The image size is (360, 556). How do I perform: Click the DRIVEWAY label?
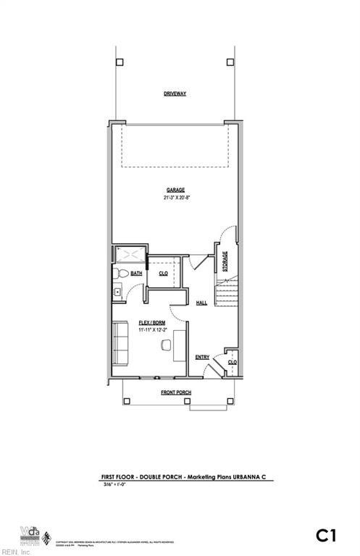pyautogui.click(x=175, y=94)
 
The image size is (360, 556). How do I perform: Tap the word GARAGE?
pyautogui.click(x=175, y=190)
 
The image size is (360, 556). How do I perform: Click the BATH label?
pyautogui.click(x=136, y=274)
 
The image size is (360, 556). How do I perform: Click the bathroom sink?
pyautogui.click(x=117, y=292)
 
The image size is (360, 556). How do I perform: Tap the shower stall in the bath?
pyautogui.click(x=130, y=256)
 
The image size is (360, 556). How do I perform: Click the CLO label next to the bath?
pyautogui.click(x=164, y=274)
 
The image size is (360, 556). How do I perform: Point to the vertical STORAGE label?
pyautogui.click(x=225, y=261)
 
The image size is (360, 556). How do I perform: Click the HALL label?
pyautogui.click(x=201, y=303)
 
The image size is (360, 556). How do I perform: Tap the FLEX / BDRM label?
pyautogui.click(x=151, y=322)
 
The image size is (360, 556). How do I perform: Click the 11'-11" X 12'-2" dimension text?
pyautogui.click(x=151, y=330)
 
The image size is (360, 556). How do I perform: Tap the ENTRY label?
pyautogui.click(x=203, y=356)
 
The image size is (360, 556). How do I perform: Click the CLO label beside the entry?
pyautogui.click(x=233, y=362)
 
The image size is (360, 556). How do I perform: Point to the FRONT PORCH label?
pyautogui.click(x=176, y=392)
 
